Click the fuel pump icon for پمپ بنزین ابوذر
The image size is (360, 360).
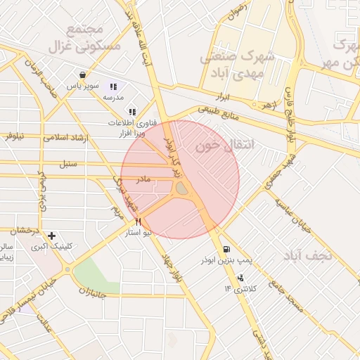(226, 249)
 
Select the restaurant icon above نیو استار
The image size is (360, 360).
(138, 221)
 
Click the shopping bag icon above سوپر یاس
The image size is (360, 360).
(84, 74)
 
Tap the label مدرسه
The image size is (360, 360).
(113, 96)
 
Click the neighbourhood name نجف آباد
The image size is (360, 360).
(309, 255)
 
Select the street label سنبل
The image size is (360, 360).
(67, 164)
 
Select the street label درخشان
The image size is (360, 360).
(24, 229)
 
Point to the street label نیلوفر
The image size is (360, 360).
(15, 134)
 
